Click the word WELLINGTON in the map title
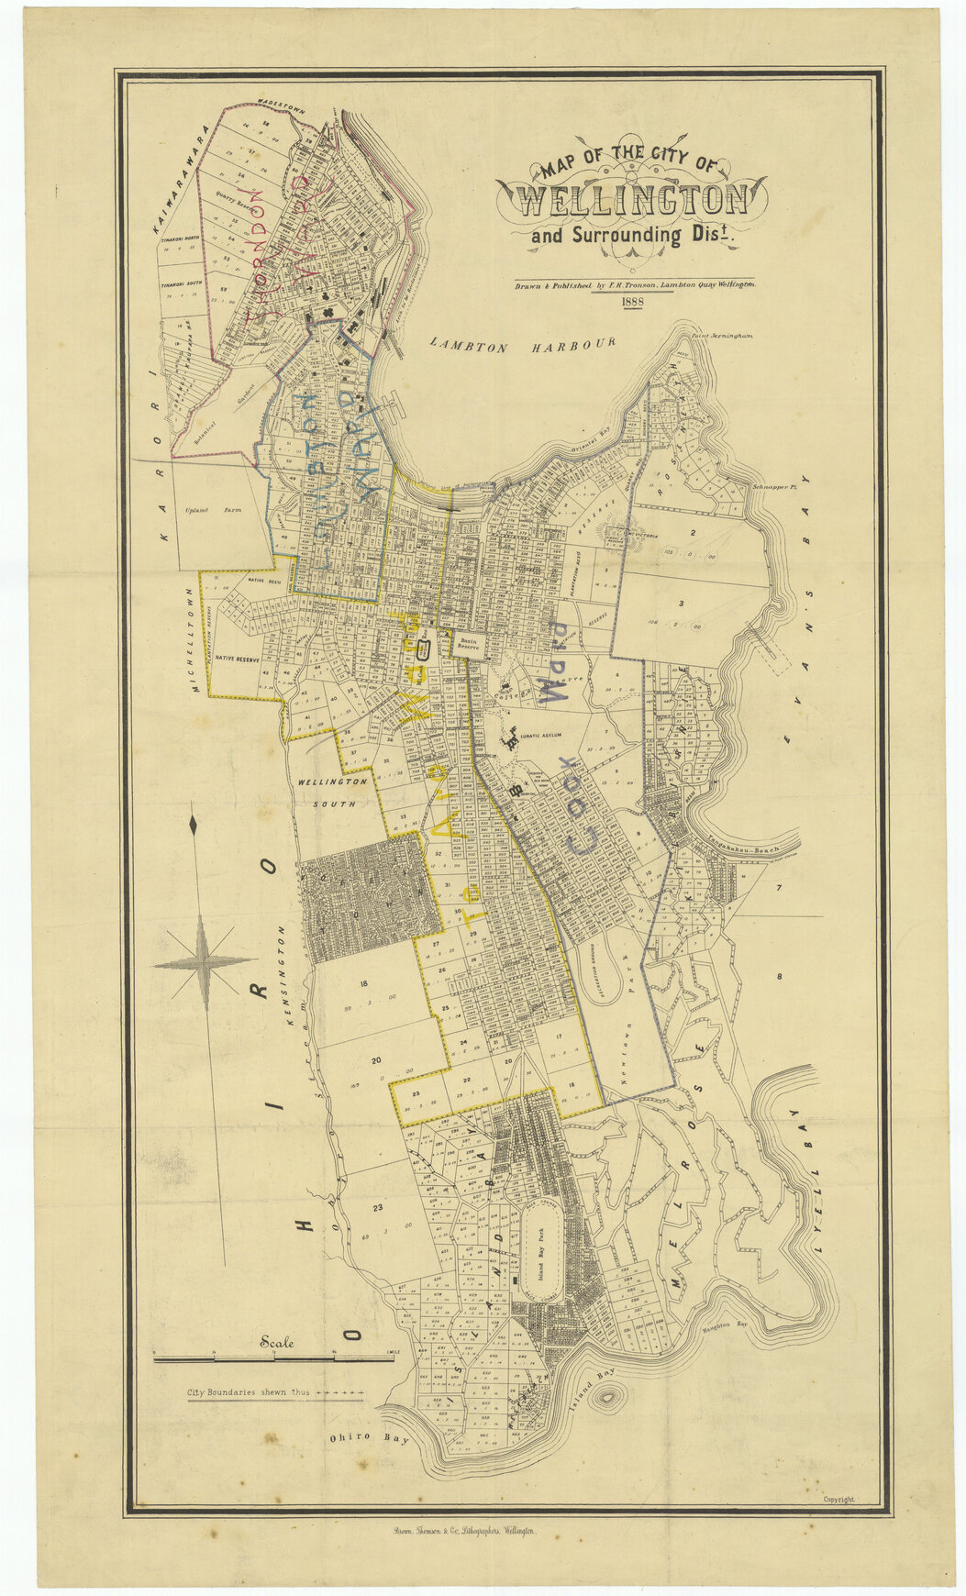tap(631, 199)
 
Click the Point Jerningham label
tap(723, 337)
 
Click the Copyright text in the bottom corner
tap(838, 1499)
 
